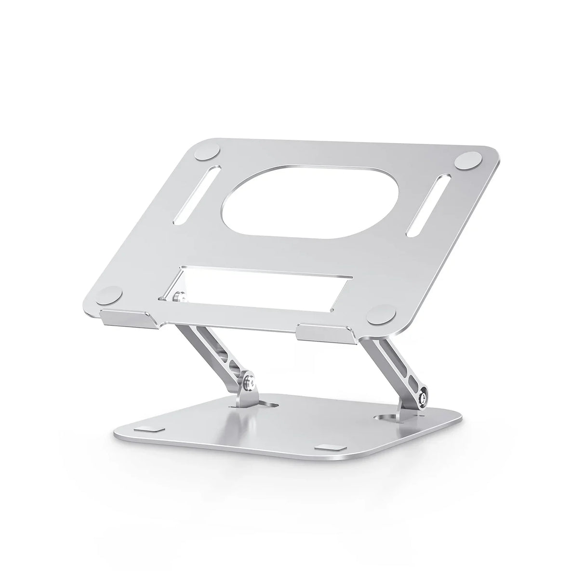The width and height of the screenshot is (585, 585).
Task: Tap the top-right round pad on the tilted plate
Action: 470,160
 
